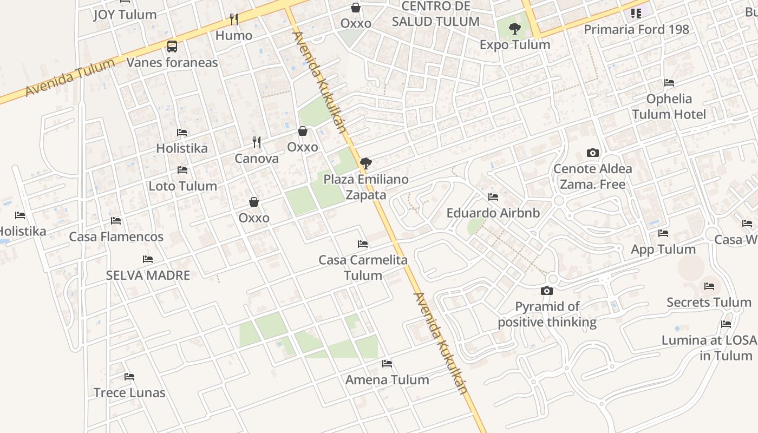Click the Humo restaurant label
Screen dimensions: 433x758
tap(234, 35)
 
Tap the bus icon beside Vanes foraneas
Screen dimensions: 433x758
tap(172, 47)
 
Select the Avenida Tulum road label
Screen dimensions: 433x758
tap(70, 77)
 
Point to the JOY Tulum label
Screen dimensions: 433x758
tap(125, 15)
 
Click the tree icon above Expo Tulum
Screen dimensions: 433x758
tap(514, 28)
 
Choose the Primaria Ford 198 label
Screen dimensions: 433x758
tap(636, 29)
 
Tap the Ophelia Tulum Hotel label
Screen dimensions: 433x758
tap(669, 106)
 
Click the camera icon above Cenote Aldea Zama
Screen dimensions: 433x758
tap(593, 153)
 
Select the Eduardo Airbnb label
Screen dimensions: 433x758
tap(493, 213)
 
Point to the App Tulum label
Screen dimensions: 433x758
tap(663, 249)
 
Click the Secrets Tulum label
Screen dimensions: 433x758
tap(709, 302)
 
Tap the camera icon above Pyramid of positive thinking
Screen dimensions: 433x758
tap(547, 291)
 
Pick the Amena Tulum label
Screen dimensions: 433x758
tap(387, 379)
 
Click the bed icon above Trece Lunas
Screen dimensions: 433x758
tap(129, 377)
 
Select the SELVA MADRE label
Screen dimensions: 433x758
tap(148, 275)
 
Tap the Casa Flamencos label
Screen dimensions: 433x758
tap(116, 237)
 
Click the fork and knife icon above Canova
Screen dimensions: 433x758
tap(257, 142)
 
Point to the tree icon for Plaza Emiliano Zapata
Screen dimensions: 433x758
tap(366, 163)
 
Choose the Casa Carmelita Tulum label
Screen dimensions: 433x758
tap(363, 267)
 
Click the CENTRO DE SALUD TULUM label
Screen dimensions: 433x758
tap(436, 14)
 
